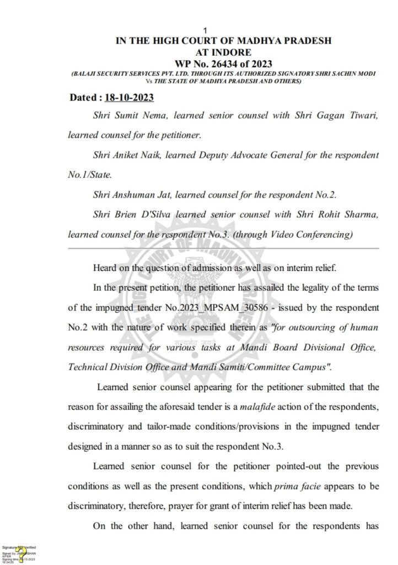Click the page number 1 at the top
tap(205, 30)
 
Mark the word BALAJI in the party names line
tap(86, 74)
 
